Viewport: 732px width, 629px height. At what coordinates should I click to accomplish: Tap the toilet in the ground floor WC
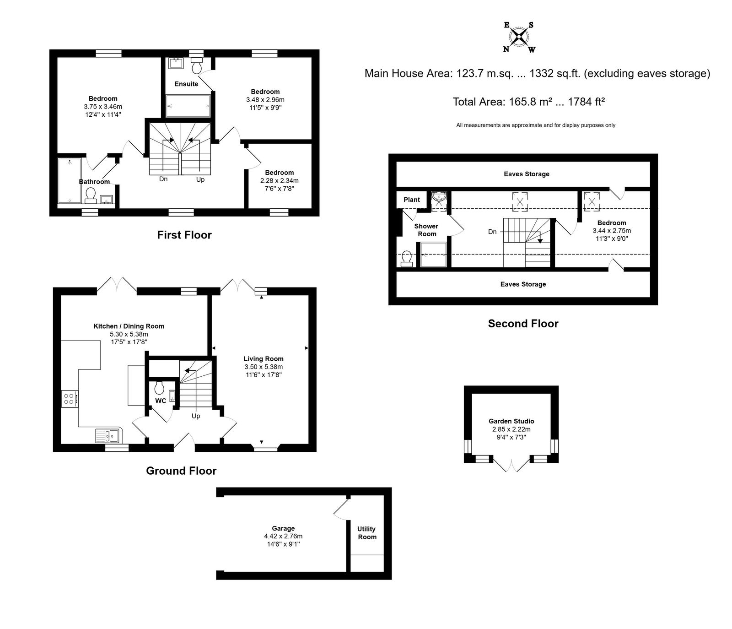(160, 388)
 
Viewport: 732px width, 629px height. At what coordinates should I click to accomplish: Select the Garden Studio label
(511, 421)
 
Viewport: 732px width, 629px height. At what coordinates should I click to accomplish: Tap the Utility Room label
(366, 533)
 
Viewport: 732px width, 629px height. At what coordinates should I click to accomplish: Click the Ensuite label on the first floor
(186, 84)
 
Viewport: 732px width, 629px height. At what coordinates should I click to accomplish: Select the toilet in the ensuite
(197, 65)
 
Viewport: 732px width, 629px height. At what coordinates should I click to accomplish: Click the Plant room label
(412, 200)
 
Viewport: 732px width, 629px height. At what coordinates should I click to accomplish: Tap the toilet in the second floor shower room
(406, 259)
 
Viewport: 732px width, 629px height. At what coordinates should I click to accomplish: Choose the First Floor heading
(184, 235)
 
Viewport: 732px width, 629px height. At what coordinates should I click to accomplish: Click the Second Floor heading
(523, 324)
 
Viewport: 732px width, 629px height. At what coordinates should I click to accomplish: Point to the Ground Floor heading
(181, 471)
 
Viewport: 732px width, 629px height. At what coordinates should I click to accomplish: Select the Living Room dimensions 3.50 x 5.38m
(264, 367)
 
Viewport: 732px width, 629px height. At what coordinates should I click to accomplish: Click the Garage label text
(283, 528)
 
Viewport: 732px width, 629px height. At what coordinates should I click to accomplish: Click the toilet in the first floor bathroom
(91, 195)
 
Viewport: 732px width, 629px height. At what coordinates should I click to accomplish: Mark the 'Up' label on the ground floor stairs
(196, 416)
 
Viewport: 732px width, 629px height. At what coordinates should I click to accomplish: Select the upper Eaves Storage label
(527, 174)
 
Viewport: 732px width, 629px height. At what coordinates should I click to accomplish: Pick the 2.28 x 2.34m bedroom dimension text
(280, 180)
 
